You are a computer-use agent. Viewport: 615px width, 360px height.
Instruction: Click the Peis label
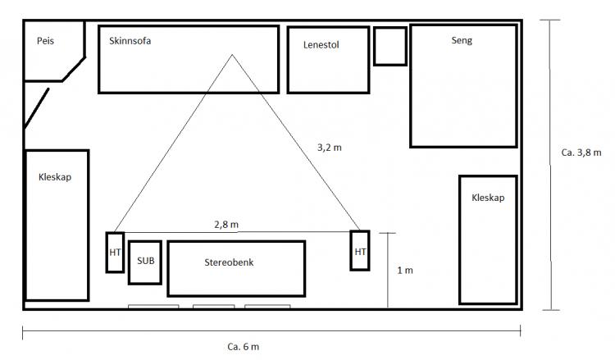click(45, 41)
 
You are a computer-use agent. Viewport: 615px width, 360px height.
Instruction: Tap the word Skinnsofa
click(130, 41)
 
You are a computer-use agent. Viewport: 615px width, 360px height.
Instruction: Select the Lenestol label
click(321, 45)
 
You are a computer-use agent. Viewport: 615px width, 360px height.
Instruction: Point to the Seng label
click(462, 40)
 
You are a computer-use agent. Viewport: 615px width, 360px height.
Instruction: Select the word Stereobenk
click(229, 262)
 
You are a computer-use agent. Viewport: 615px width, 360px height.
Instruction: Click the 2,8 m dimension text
click(226, 225)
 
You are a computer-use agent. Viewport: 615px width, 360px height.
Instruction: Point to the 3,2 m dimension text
click(330, 148)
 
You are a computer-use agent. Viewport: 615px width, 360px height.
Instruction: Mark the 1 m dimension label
click(405, 270)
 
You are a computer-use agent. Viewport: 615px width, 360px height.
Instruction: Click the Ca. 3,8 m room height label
click(581, 153)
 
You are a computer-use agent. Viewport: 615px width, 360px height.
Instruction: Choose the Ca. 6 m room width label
click(244, 347)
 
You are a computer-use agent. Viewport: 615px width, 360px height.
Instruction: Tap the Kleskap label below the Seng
click(488, 198)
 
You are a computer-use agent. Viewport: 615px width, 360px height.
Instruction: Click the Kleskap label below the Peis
click(55, 177)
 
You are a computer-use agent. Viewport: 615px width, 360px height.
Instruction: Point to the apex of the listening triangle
click(232, 54)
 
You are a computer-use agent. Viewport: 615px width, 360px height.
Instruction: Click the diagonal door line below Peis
click(36, 108)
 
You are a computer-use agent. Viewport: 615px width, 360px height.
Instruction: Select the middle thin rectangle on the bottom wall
click(214, 306)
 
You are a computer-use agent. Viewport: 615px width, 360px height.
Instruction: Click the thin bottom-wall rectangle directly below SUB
click(153, 306)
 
